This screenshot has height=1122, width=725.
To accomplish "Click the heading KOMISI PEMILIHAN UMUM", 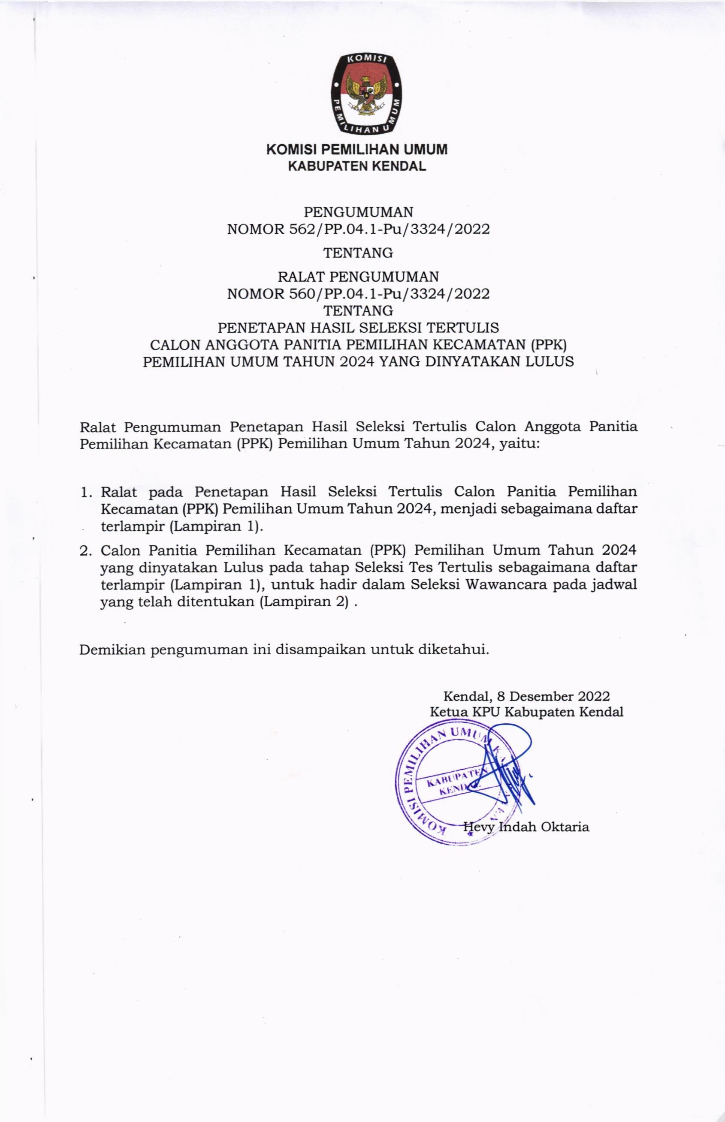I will tap(357, 150).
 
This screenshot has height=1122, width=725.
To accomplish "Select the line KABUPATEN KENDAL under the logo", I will tap(357, 166).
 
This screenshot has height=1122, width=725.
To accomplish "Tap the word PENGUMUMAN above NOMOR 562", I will tap(358, 211).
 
